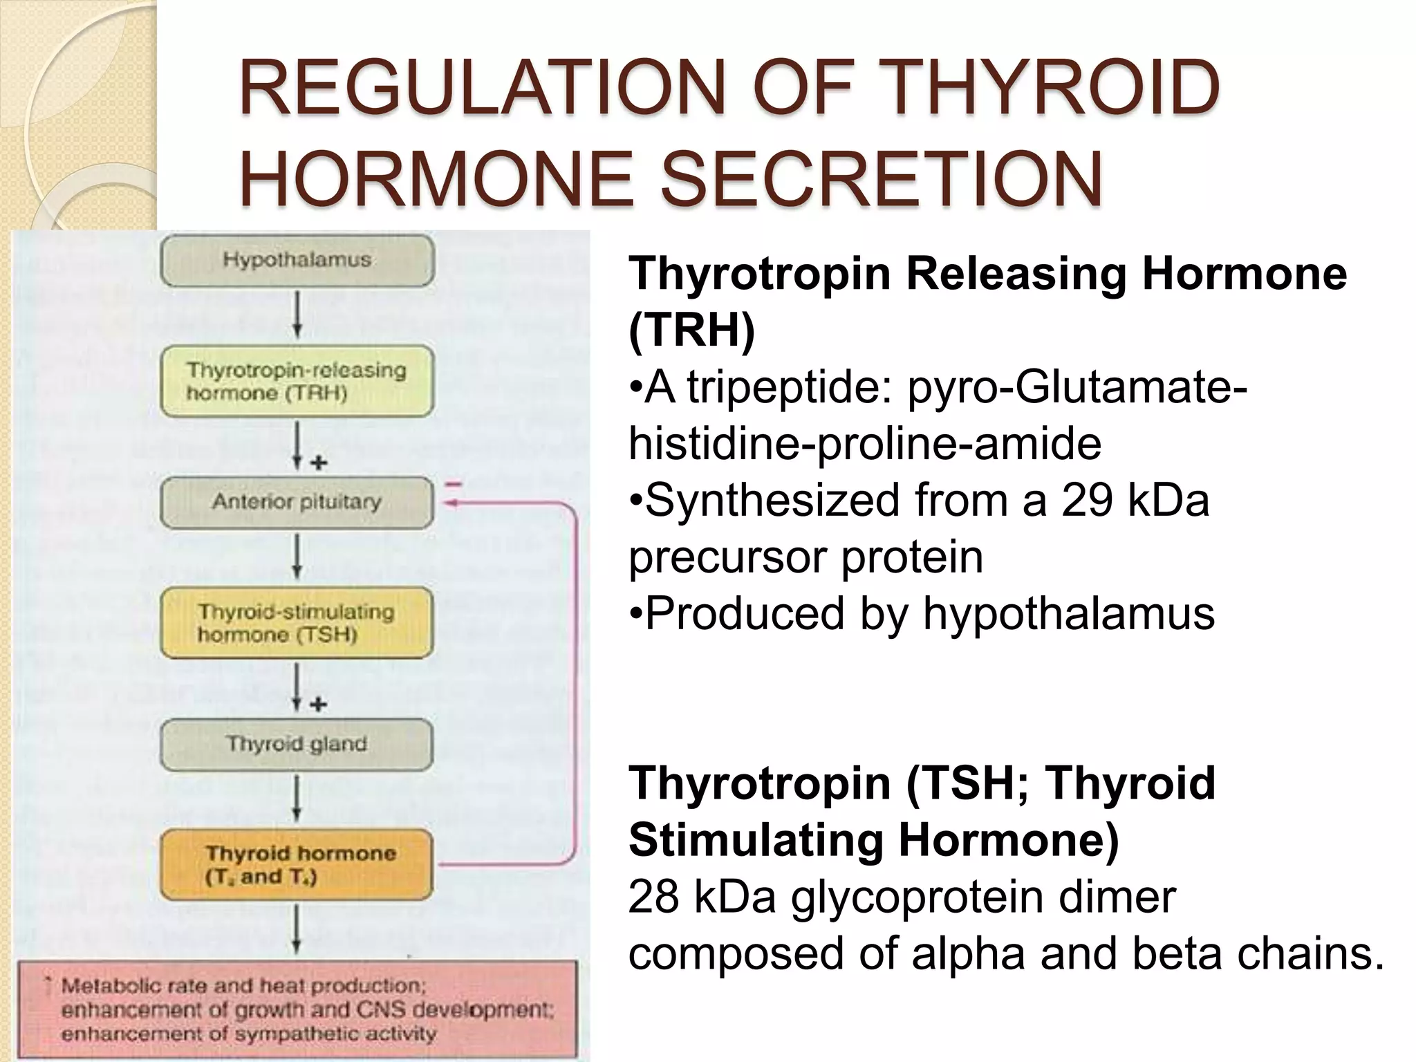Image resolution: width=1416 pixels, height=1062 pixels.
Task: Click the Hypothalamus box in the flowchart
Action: [x=297, y=261]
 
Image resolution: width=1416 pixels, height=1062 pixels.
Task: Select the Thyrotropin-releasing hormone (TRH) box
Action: [x=297, y=382]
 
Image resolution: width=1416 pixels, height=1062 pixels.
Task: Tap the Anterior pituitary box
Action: [x=297, y=502]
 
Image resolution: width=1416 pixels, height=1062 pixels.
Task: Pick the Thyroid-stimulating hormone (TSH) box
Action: [x=297, y=623]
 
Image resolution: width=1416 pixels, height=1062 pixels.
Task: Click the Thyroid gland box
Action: [x=297, y=745]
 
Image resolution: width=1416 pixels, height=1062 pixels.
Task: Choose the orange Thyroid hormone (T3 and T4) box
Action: [x=297, y=865]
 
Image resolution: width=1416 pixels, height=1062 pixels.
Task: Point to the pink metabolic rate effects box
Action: [x=297, y=1009]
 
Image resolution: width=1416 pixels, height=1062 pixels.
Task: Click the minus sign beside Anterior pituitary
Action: [x=454, y=485]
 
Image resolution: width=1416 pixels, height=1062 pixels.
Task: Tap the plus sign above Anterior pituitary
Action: [x=319, y=463]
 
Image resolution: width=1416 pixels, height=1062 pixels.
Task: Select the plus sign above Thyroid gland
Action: [x=319, y=705]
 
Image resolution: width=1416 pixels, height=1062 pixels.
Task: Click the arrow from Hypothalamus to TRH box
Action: [x=297, y=315]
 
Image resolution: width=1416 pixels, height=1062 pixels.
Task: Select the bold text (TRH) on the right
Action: [x=691, y=330]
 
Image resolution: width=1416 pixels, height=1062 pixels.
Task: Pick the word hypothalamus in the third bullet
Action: [x=1069, y=613]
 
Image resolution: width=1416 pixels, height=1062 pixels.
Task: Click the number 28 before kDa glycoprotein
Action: [x=653, y=897]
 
